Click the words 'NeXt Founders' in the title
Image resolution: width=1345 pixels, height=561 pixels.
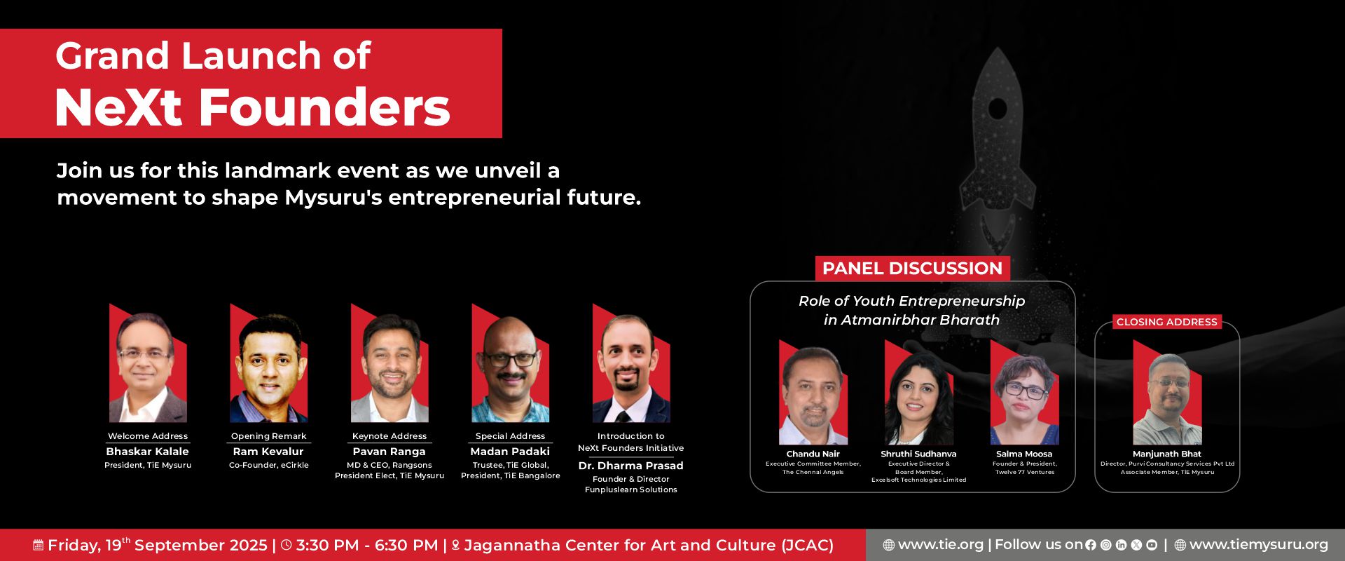(252, 108)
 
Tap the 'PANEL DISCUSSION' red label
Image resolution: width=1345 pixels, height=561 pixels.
(912, 269)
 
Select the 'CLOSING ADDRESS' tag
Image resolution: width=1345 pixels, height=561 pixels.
(1167, 322)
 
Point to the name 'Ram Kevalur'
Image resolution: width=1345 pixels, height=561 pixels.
(268, 452)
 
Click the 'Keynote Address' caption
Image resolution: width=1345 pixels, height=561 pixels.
(389, 436)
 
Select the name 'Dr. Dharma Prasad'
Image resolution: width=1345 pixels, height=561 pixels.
(630, 466)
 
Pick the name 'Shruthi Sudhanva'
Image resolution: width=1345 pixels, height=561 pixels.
(918, 454)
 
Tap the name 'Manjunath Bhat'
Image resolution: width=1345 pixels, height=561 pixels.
(1167, 454)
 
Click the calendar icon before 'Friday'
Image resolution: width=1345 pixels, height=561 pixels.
(39, 545)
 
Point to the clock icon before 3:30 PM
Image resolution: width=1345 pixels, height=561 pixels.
(286, 545)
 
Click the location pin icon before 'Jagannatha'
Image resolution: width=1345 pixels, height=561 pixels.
(455, 545)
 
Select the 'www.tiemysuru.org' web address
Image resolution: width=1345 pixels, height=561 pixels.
(1259, 545)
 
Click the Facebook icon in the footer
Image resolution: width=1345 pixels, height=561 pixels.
(1091, 545)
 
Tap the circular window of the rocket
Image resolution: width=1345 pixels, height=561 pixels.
(998, 109)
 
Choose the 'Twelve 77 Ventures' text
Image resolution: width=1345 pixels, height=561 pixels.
(1025, 472)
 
